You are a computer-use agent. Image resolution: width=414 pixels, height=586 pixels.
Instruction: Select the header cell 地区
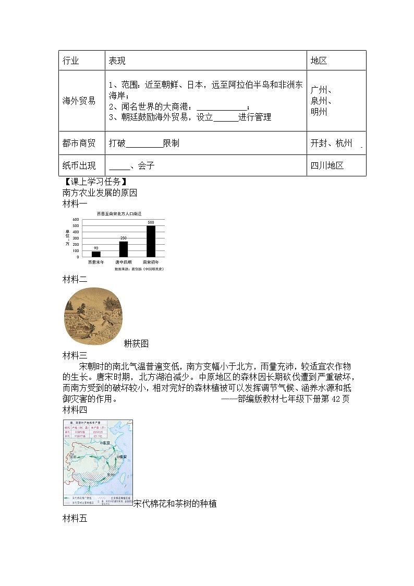pyautogui.click(x=319, y=61)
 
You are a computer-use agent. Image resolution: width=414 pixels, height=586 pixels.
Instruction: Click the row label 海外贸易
pyautogui.click(x=79, y=101)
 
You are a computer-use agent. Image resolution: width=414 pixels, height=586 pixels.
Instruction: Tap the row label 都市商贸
pyautogui.click(x=79, y=143)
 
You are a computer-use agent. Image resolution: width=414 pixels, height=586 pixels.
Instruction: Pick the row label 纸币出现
pyautogui.click(x=79, y=165)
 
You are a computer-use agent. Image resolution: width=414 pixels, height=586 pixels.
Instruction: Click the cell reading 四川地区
pyautogui.click(x=327, y=165)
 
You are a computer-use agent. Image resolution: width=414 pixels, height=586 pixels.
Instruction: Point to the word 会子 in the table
pyautogui.click(x=147, y=165)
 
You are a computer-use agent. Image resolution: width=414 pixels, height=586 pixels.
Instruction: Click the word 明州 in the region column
pyautogui.click(x=319, y=112)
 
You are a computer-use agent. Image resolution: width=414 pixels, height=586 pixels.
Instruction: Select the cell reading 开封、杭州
pyautogui.click(x=331, y=143)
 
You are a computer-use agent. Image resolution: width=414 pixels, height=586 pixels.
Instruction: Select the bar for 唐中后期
pyautogui.click(x=124, y=249)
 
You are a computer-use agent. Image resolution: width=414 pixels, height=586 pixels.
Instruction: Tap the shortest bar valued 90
pyautogui.click(x=96, y=254)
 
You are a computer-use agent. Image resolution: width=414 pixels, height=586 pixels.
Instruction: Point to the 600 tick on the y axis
pyautogui.click(x=76, y=220)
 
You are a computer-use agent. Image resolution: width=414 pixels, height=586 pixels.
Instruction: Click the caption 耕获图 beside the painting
pyautogui.click(x=136, y=343)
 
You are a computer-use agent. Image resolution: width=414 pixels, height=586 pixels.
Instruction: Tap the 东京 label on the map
pyautogui.click(x=106, y=443)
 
